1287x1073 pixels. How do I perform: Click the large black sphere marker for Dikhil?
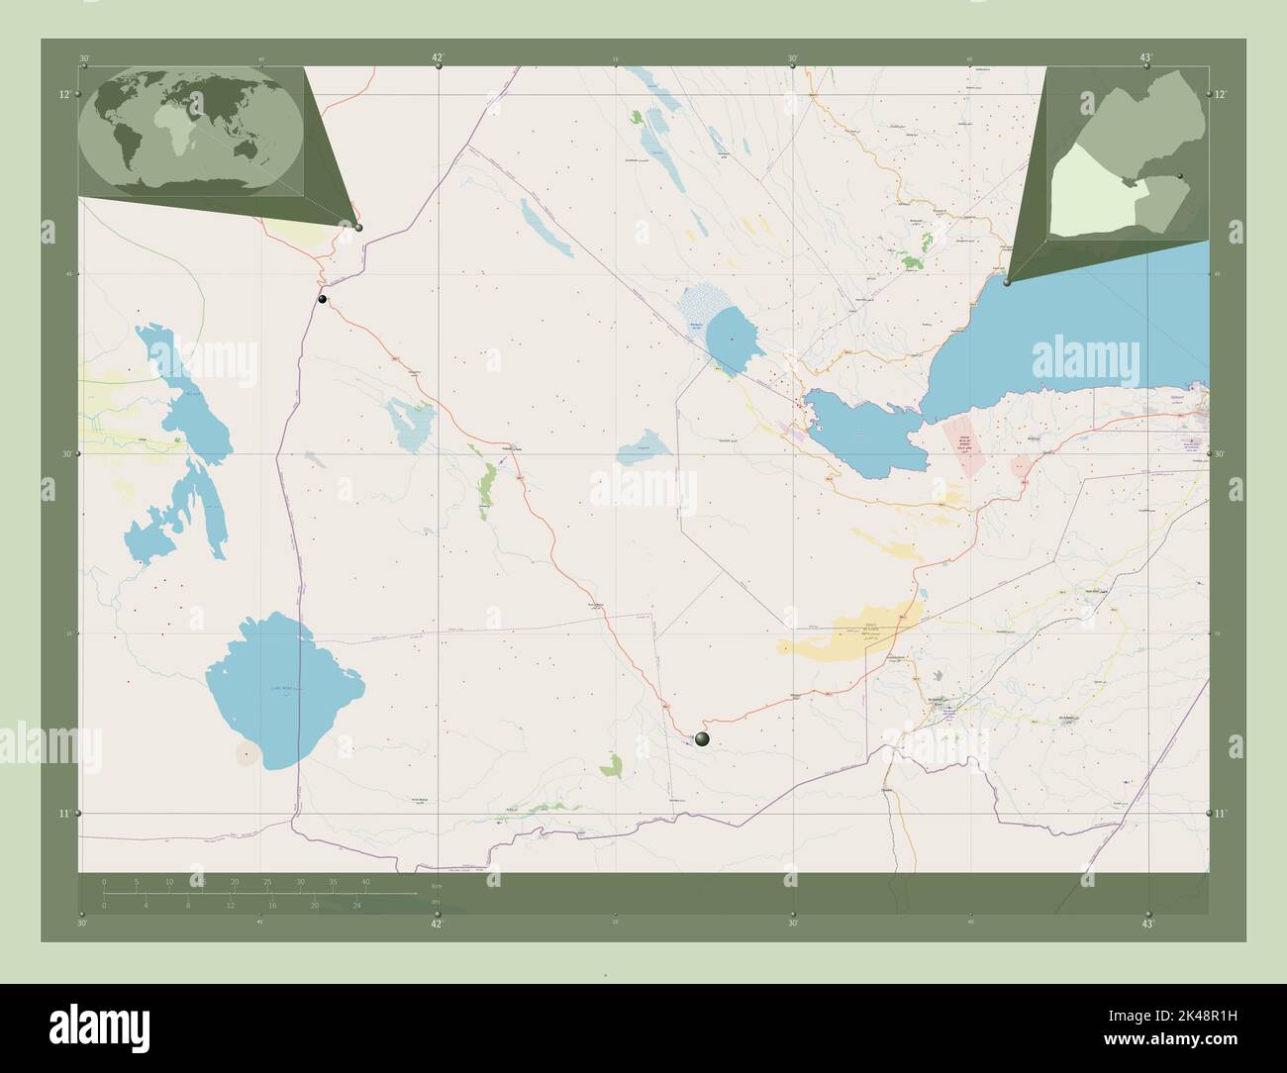click(x=703, y=738)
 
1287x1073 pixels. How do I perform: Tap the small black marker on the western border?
click(x=322, y=299)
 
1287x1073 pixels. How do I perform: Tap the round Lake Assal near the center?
click(x=732, y=337)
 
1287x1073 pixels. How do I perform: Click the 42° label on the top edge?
click(x=438, y=57)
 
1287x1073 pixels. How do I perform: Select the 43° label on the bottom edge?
click(x=1147, y=924)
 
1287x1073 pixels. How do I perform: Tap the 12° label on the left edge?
click(x=64, y=95)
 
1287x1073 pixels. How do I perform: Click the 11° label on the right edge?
click(x=1221, y=814)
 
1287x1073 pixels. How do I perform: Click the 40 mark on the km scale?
click(x=366, y=881)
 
